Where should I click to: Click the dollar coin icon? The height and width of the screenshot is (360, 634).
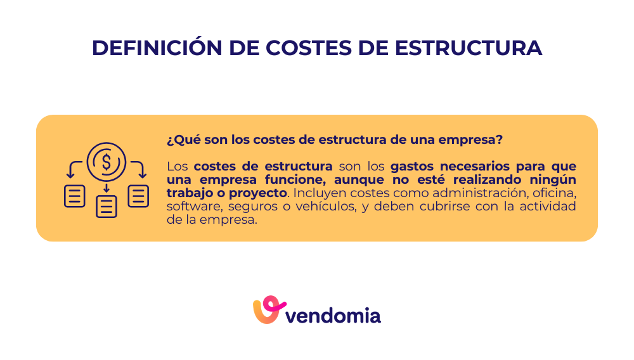coord(107,162)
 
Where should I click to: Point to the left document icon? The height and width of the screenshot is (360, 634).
coord(75,196)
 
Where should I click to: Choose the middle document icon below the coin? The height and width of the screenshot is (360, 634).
coord(107,207)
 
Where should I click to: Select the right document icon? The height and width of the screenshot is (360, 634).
coord(138,196)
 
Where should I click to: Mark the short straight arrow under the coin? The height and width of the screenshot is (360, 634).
coord(107,188)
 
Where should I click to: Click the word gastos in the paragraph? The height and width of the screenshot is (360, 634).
coord(411,167)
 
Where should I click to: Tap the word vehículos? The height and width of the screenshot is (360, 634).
coord(322,207)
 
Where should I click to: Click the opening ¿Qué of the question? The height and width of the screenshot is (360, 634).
coord(179,139)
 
